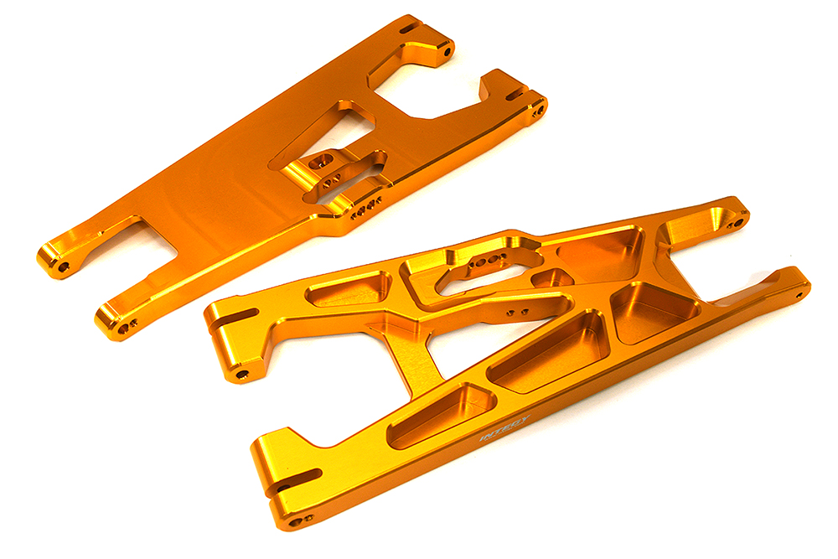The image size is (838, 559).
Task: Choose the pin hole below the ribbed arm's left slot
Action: pyautogui.click(x=242, y=373)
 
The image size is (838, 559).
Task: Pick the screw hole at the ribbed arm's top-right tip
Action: pyautogui.click(x=738, y=223)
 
